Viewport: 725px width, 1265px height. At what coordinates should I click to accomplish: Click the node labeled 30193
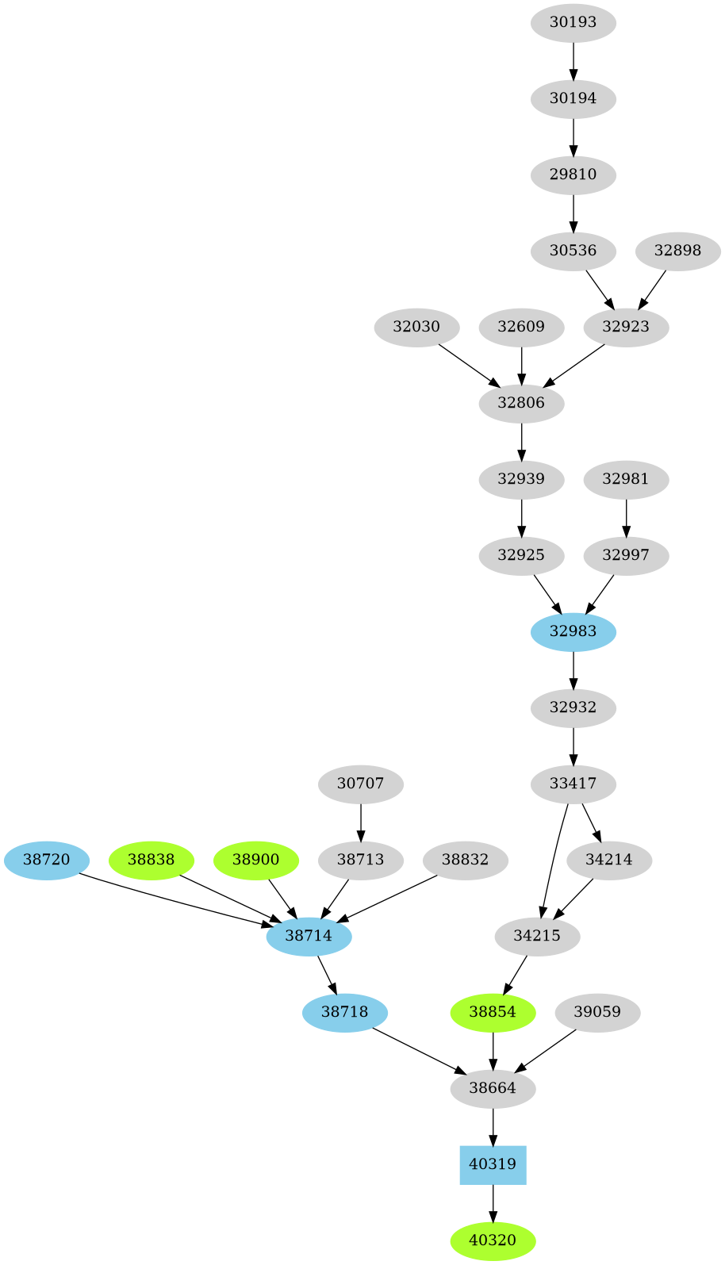point(573,22)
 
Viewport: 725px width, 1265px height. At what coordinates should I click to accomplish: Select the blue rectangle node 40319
point(493,1164)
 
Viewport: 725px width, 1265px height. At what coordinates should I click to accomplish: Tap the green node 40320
point(493,1240)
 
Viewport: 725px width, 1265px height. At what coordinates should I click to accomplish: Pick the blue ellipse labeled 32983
point(573,631)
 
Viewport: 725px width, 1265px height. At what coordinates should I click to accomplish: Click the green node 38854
point(493,1012)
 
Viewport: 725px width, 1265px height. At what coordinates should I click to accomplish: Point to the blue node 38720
point(47,860)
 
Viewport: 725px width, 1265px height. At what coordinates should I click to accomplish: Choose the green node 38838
point(152,860)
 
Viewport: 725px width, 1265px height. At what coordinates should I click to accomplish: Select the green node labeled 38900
point(255,860)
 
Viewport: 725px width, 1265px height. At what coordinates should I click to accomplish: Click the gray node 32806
point(521,403)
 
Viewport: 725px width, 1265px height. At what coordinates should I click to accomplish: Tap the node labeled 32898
point(677,251)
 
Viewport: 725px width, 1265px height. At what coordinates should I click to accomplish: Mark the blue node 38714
point(309,936)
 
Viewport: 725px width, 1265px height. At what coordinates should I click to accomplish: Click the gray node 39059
point(597,1012)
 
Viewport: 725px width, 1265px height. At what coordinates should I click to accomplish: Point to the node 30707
point(361,784)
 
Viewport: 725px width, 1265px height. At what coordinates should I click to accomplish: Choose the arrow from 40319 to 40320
point(493,1202)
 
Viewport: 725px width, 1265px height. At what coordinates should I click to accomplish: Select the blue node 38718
point(345,1012)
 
